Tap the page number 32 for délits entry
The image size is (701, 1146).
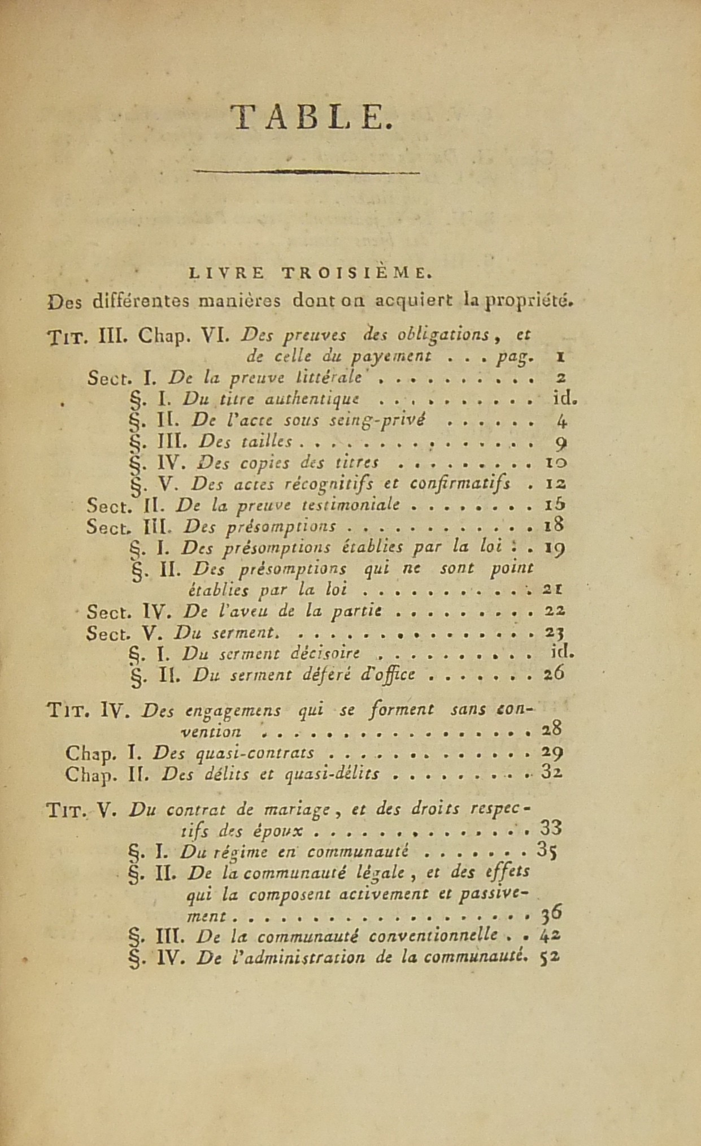coord(551,773)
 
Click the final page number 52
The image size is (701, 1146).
coord(550,957)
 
